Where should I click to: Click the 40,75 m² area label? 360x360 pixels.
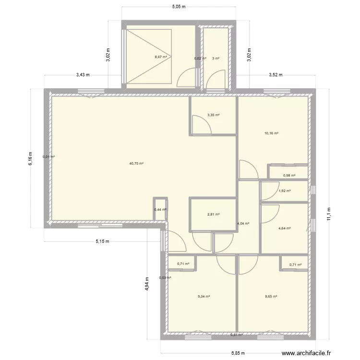(136, 164)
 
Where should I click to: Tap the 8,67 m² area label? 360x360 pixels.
(161, 57)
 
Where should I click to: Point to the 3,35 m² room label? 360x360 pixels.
(213, 115)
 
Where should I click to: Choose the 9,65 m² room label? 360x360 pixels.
(271, 296)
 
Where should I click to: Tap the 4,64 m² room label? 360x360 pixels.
(285, 228)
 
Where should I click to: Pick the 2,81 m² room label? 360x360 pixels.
(213, 215)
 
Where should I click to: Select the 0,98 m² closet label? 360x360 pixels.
(288, 176)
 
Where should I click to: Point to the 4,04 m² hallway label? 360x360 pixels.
(244, 223)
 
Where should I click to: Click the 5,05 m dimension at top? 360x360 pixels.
(179, 7)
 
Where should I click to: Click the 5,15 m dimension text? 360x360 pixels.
(102, 241)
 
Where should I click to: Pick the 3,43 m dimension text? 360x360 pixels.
(83, 75)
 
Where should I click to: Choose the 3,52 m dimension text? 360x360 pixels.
(276, 75)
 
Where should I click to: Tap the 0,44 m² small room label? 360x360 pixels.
(160, 209)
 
